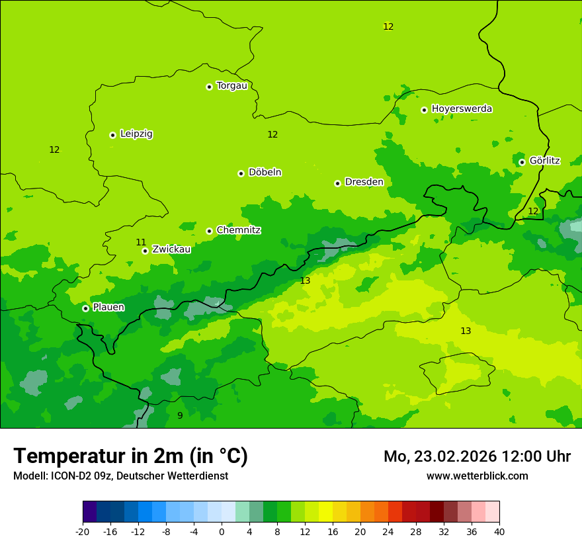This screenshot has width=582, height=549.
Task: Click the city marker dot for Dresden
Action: point(337,183)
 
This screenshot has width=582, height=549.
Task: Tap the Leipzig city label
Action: point(136,134)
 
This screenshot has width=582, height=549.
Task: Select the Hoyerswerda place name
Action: point(462,109)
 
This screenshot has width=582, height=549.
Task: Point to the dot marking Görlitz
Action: point(522,162)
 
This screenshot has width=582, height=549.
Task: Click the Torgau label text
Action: point(231,86)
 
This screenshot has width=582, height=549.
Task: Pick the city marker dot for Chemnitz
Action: point(209,231)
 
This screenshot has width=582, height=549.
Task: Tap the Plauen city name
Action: point(108,308)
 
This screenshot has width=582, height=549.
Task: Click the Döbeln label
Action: point(265,173)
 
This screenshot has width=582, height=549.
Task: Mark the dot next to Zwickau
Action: point(145,251)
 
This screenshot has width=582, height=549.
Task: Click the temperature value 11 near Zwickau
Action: point(141,242)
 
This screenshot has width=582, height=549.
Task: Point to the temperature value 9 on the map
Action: point(180,415)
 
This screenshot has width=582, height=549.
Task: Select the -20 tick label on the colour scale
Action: point(83,531)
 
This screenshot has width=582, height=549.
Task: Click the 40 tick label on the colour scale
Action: point(499,531)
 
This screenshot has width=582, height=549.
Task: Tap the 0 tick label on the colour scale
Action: point(222,531)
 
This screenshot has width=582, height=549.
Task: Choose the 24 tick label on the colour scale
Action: point(388,531)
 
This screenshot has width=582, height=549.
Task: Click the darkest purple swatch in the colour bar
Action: point(89,512)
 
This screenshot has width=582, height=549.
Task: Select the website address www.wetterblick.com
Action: point(477,476)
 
